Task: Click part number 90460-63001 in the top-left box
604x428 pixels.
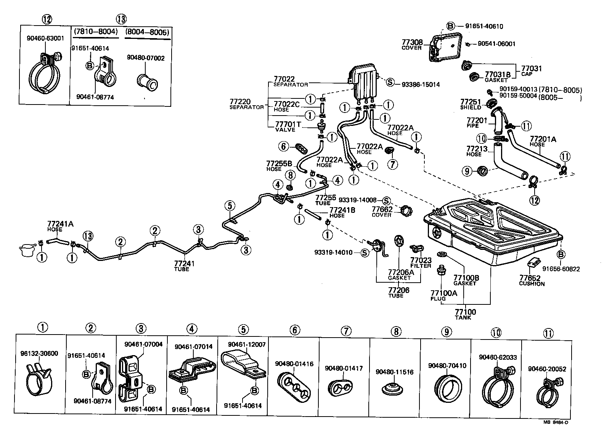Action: (45, 38)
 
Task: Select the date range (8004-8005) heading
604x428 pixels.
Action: (147, 32)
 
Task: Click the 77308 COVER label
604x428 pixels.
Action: (412, 45)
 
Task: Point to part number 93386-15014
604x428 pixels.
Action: (420, 84)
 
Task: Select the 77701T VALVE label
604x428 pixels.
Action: (288, 127)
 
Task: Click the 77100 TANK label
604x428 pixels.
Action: (465, 314)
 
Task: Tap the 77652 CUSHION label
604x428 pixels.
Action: (532, 281)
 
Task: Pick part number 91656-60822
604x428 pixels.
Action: (561, 269)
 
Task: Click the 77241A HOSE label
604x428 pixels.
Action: (60, 226)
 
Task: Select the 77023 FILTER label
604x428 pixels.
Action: (421, 263)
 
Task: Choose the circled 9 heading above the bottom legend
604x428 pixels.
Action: (446, 331)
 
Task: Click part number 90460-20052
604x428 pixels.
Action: (547, 369)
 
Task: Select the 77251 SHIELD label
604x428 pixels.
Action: (471, 104)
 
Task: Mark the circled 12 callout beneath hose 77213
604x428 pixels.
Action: (535, 200)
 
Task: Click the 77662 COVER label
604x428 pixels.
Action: (382, 212)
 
